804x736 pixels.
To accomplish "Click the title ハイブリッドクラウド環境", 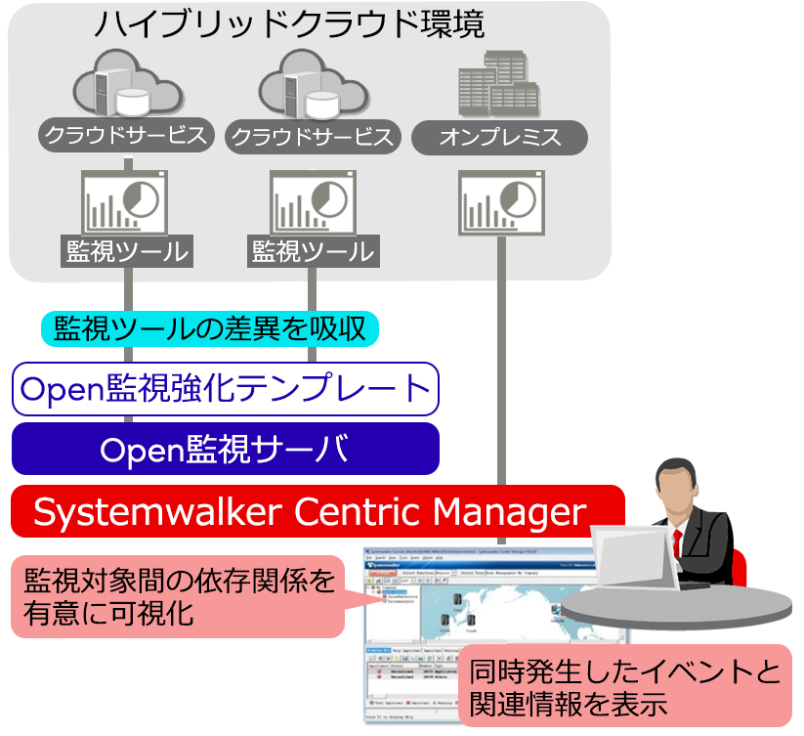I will (x=289, y=23).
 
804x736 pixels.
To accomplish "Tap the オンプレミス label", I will (x=499, y=137).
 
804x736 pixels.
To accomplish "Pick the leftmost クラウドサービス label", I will (x=125, y=135).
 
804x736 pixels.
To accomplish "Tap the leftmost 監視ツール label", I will (x=125, y=251).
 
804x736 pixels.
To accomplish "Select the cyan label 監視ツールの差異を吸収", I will (x=209, y=327).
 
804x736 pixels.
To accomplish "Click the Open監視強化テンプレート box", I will (x=225, y=389).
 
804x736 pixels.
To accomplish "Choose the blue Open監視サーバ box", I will (x=225, y=449).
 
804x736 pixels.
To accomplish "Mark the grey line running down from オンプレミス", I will (x=500, y=391).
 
